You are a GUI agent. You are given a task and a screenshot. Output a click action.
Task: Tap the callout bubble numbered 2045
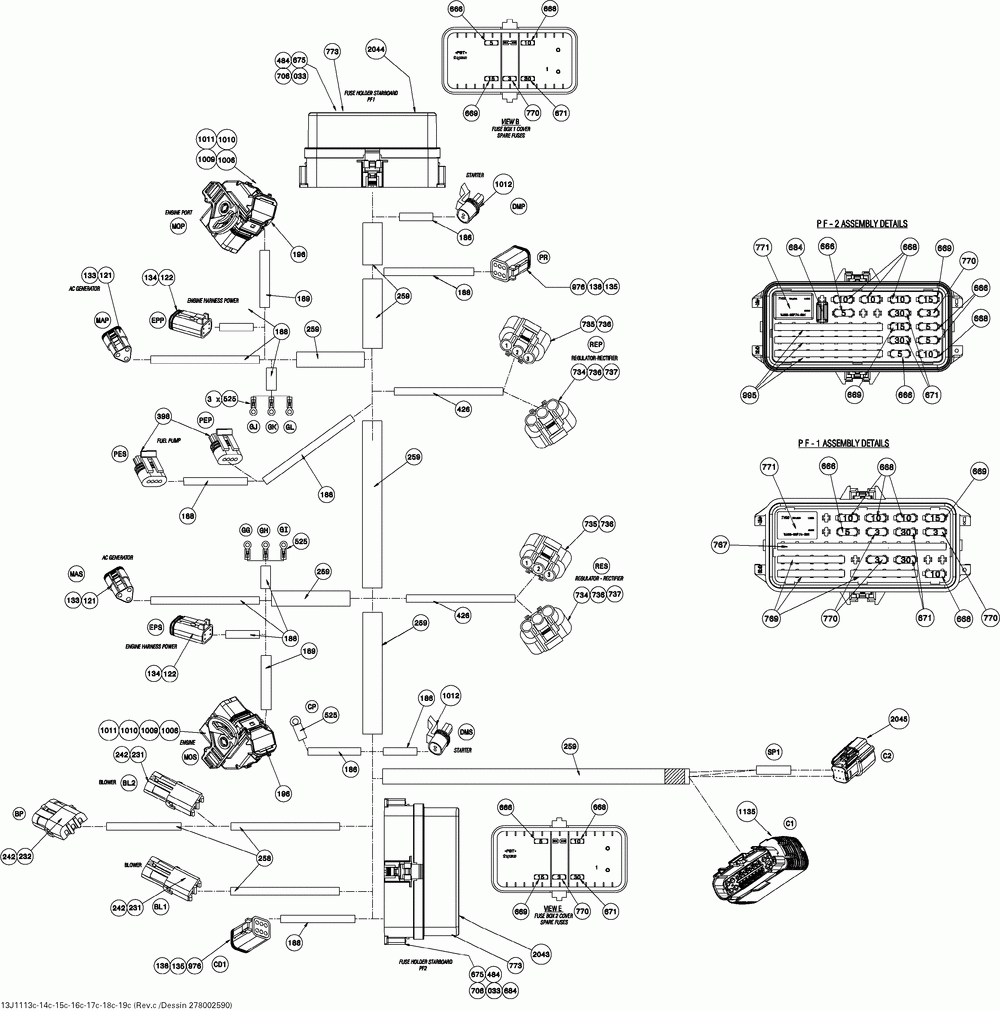pyautogui.click(x=898, y=718)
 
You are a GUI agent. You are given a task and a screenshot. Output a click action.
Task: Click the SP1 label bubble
pyautogui.click(x=773, y=751)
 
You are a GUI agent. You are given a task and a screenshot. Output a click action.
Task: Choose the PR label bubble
pyautogui.click(x=544, y=257)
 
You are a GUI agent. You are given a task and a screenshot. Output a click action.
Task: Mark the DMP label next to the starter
pyautogui.click(x=518, y=206)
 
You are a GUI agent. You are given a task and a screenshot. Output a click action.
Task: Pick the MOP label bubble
pyautogui.click(x=179, y=227)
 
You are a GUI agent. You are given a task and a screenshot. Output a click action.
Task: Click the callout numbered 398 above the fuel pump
pyautogui.click(x=164, y=416)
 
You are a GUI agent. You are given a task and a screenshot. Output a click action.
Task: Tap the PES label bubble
pyautogui.click(x=120, y=455)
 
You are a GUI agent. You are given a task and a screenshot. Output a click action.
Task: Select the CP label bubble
pyautogui.click(x=312, y=707)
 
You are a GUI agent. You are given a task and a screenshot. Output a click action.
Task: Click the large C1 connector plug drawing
pyautogui.click(x=760, y=869)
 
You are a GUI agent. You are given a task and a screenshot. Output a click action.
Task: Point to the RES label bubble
pyautogui.click(x=601, y=564)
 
